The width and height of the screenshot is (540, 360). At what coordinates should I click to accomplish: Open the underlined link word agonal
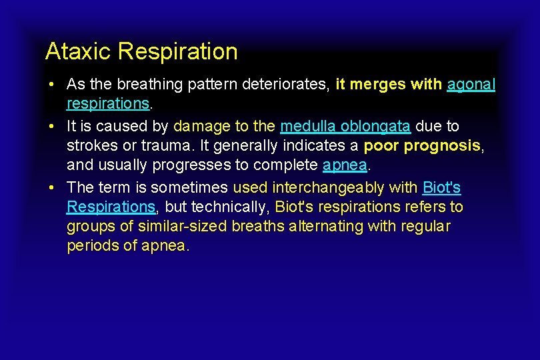[471, 85]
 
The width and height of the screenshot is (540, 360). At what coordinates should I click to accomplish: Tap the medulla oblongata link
[345, 126]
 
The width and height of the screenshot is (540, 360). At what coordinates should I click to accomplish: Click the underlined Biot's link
[441, 188]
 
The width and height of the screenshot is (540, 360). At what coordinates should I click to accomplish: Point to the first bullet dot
[51, 85]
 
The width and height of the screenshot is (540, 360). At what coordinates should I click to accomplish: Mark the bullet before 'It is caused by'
[51, 126]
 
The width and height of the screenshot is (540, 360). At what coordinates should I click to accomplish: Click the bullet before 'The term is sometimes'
[51, 188]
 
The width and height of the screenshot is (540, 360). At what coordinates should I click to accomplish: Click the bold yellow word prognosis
[442, 146]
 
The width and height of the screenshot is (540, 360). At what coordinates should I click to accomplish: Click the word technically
[229, 207]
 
